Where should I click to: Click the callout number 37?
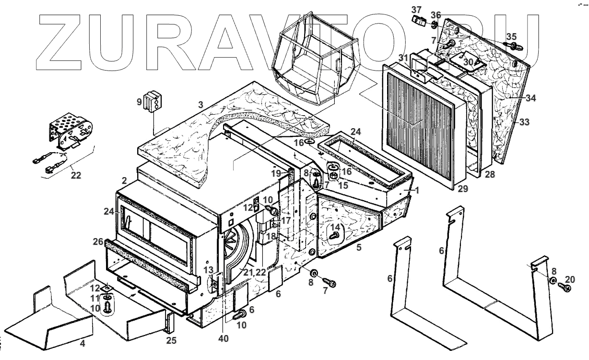pos(416,10)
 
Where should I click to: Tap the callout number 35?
pos(512,36)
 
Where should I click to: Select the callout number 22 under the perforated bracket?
pos(76,176)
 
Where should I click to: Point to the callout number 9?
pos(139,102)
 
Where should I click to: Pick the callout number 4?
pos(82,344)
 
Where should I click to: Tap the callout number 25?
pos(171,341)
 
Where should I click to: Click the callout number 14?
pos(335,227)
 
